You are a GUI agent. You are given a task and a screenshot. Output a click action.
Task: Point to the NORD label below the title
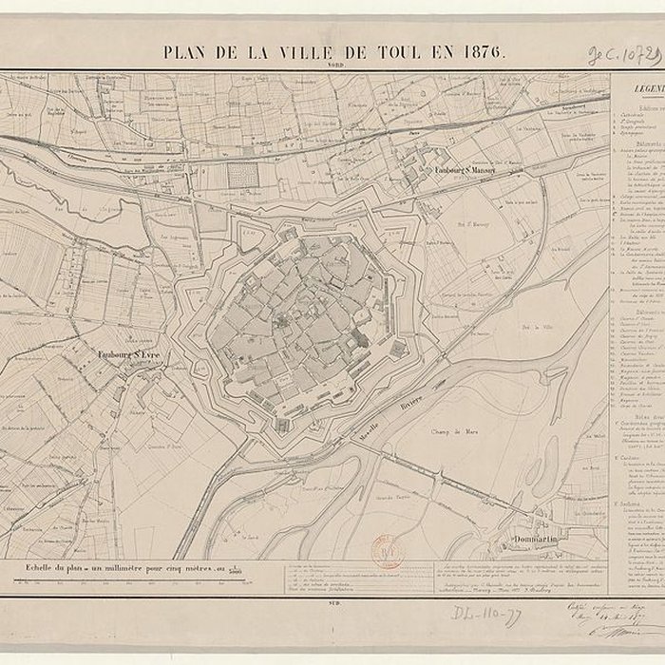pos(334,66)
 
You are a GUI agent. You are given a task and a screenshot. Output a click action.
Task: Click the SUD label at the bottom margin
pos(332,602)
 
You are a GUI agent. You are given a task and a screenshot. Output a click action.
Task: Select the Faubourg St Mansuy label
pos(467,171)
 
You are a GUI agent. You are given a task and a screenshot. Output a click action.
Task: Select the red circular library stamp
pos(386,551)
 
